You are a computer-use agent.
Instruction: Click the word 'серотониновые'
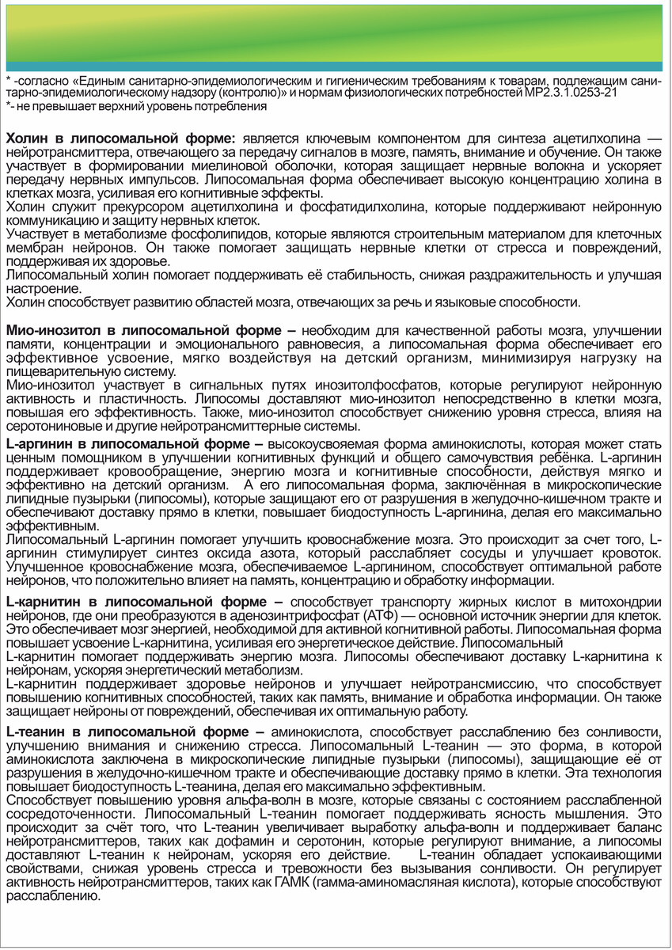coord(51,427)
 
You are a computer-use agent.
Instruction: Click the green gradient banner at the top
coord(336,32)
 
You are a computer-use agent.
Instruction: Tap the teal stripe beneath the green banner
coord(336,66)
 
